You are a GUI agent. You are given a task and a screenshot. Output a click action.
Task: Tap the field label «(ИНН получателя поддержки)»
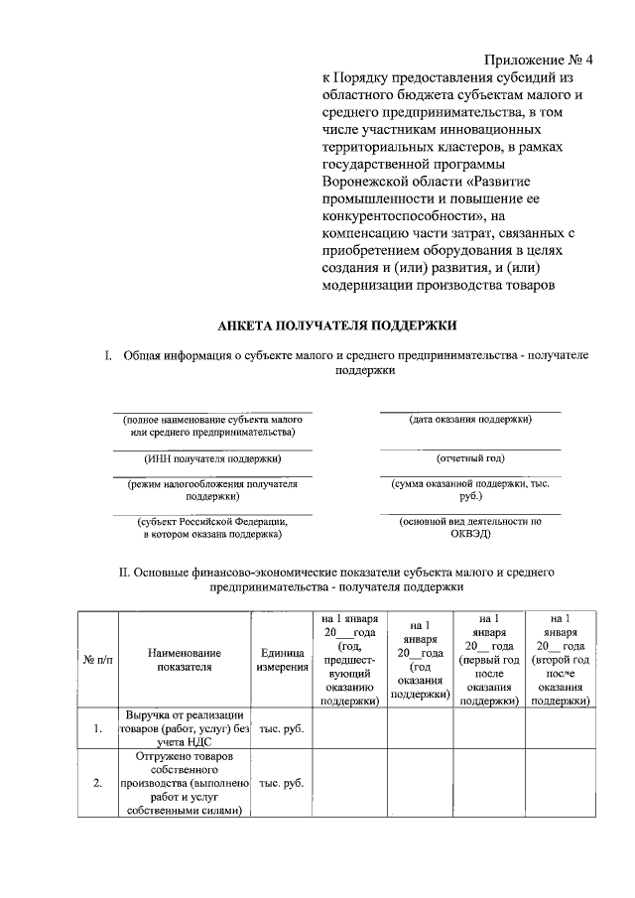click(211, 458)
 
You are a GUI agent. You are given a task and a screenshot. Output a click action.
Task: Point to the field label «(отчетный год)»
click(470, 458)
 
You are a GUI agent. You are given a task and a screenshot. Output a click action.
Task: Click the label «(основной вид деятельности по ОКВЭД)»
click(470, 527)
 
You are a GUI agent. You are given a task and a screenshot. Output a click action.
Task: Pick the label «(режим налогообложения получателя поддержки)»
click(211, 489)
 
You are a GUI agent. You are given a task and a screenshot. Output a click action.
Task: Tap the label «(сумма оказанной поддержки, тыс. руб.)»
click(470, 489)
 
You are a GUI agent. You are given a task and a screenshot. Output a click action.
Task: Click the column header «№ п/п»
click(97, 660)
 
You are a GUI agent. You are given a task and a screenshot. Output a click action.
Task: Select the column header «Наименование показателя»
click(185, 660)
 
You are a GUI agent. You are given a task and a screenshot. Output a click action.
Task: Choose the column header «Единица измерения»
click(281, 660)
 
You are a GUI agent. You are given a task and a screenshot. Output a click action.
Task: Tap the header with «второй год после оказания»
click(561, 660)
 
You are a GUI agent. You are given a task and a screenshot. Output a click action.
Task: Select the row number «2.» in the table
click(97, 783)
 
